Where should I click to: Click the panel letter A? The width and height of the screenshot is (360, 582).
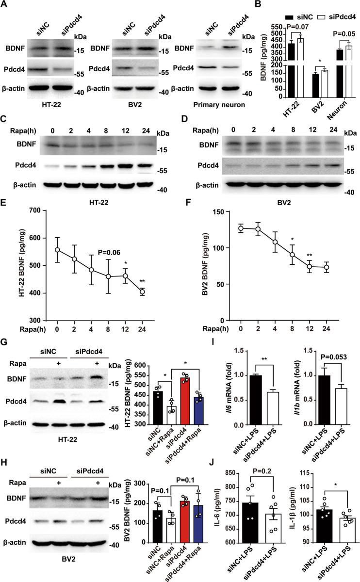5,5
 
